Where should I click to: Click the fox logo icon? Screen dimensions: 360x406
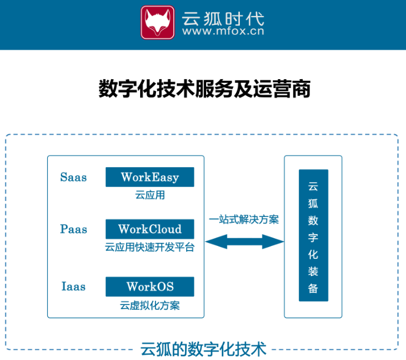pyautogui.click(x=158, y=22)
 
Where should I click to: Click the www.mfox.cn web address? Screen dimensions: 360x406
pyautogui.click(x=224, y=32)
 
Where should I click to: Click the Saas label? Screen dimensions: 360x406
pyautogui.click(x=73, y=177)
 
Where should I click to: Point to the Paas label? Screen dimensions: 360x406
pyautogui.click(x=73, y=229)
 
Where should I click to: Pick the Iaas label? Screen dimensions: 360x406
pyautogui.click(x=73, y=287)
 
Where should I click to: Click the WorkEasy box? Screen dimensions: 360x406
pyautogui.click(x=150, y=177)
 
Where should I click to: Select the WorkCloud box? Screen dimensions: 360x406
pyautogui.click(x=150, y=229)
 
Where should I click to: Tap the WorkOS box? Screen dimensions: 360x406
pyautogui.click(x=150, y=287)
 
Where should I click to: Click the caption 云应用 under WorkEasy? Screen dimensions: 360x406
pyautogui.click(x=150, y=194)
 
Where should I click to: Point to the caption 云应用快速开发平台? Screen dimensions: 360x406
pyautogui.click(x=150, y=247)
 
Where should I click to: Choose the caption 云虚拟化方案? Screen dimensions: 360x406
pyautogui.click(x=150, y=305)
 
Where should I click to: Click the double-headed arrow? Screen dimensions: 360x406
pyautogui.click(x=245, y=241)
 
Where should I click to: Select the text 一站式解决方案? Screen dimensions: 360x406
pyautogui.click(x=244, y=219)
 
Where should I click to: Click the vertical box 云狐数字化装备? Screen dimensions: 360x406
pyautogui.click(x=313, y=236)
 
